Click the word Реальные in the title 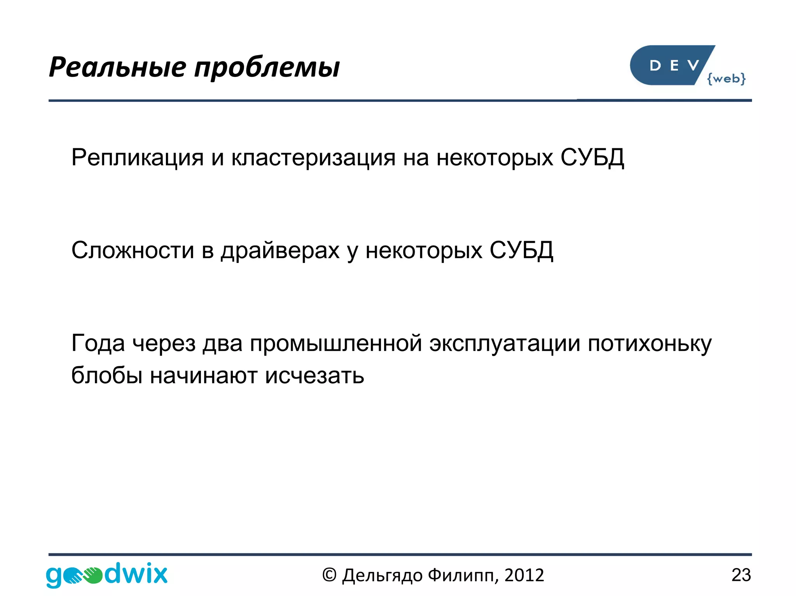(x=117, y=67)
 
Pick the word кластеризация (x=313, y=158)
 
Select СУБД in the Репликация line (x=592, y=158)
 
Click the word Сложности (x=133, y=250)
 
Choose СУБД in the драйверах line (x=521, y=250)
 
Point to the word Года (x=98, y=344)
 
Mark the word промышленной (x=336, y=344)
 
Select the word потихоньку (x=649, y=344)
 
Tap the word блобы (x=107, y=375)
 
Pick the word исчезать (x=314, y=376)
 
